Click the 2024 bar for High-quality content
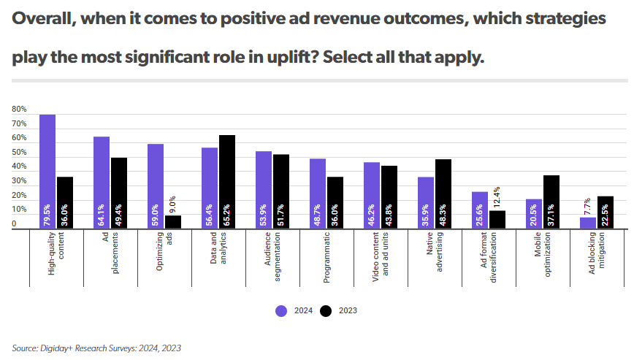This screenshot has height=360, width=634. (x=47, y=172)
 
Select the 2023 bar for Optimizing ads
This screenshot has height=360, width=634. (x=173, y=221)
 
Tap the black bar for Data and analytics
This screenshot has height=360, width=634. (x=227, y=182)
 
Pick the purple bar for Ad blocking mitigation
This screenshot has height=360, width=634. (x=588, y=223)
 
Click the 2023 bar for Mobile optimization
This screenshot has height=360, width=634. (x=551, y=202)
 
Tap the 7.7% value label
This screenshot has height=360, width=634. (x=588, y=206)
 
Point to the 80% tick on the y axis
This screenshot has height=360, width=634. (x=19, y=110)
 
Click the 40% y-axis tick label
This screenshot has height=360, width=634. (x=19, y=167)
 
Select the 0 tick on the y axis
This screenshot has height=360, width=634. (x=14, y=224)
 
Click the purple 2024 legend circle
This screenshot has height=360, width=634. (x=281, y=310)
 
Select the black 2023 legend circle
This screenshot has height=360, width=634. (x=326, y=310)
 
